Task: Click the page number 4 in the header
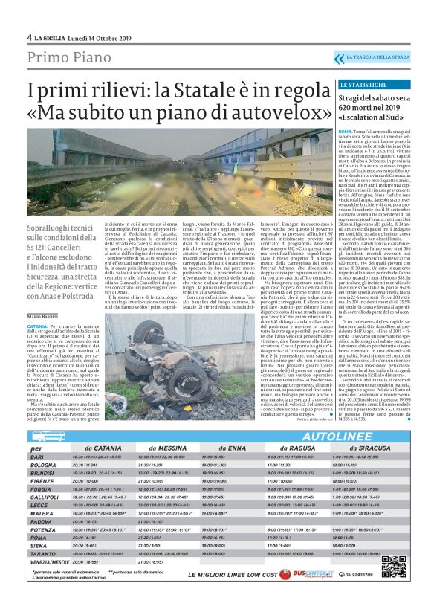point(29,37)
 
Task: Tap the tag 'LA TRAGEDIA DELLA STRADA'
point(378,57)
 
